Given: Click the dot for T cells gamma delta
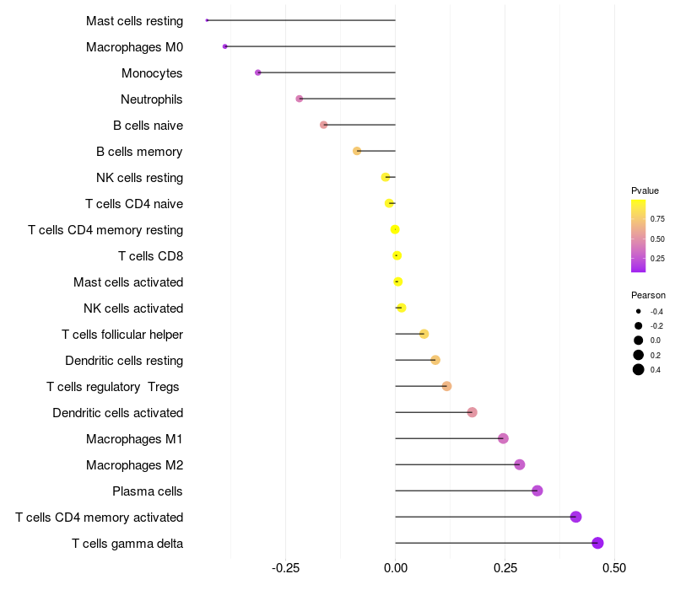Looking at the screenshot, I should [x=597, y=543].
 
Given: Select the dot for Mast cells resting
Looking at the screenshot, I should [x=207, y=20].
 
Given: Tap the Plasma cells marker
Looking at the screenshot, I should [x=537, y=491].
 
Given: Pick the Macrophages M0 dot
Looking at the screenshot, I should [x=224, y=46].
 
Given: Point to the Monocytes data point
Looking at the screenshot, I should [x=257, y=72].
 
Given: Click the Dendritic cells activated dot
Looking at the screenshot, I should [x=472, y=412].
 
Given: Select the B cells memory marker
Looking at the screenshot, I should [x=357, y=151].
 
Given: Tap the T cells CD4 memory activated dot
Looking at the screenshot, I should [x=575, y=517].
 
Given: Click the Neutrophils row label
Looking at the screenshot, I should [x=152, y=99].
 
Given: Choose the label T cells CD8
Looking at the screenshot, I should [x=150, y=256].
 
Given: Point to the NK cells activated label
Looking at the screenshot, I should [x=133, y=308].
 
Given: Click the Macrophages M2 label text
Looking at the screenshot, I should [x=134, y=465].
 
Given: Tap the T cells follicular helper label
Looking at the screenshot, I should [x=122, y=335].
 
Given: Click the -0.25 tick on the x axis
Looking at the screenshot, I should [x=285, y=569].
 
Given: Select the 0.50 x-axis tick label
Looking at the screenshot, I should [x=614, y=569].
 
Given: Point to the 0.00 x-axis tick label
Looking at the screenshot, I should [x=395, y=569].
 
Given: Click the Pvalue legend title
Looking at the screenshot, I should [x=645, y=190].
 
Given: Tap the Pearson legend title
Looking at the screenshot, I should [x=648, y=295].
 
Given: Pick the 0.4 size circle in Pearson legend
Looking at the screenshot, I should [x=639, y=369].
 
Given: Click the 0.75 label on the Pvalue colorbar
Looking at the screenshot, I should [x=657, y=218].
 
